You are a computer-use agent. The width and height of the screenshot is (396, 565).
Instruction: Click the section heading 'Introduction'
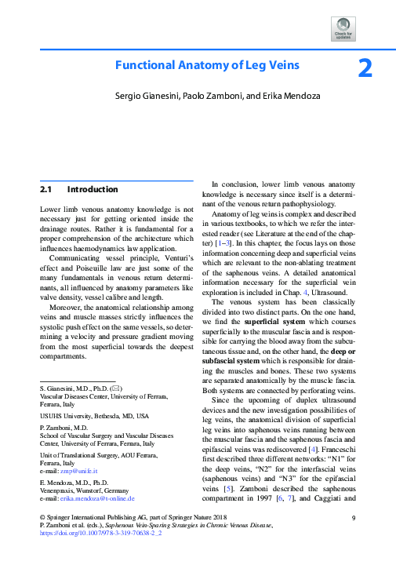pyautogui.click(x=93, y=189)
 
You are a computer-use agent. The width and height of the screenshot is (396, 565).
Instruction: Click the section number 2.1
pyautogui.click(x=45, y=189)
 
